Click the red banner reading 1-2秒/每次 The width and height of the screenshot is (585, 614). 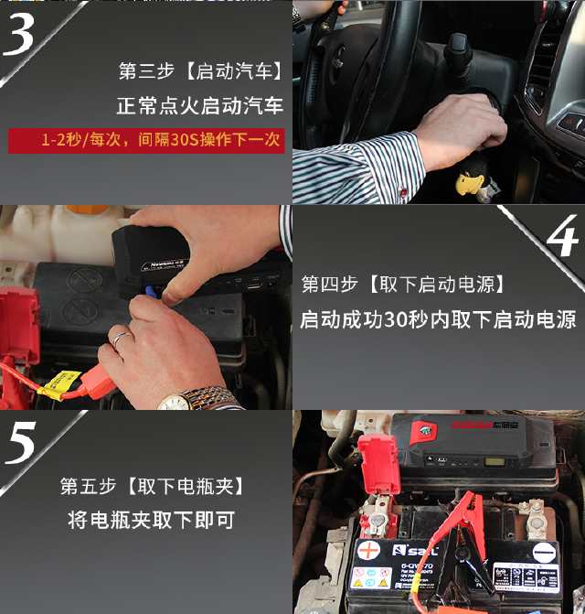coord(147,141)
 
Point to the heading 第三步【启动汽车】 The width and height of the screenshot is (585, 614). coord(200,71)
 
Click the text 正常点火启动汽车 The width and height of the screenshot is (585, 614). coord(199,106)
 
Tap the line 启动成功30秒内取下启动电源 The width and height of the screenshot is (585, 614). coord(439,319)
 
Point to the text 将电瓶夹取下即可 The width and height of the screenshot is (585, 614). coord(152,520)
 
